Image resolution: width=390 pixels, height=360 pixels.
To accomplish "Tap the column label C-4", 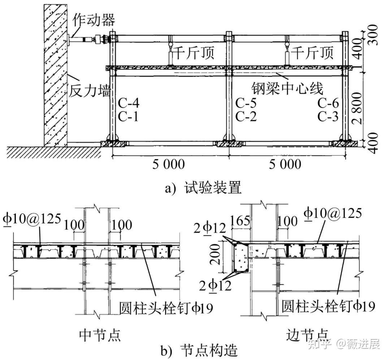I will pyautogui.click(x=128, y=104).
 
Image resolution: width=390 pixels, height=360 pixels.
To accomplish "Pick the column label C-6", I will pyautogui.click(x=328, y=104).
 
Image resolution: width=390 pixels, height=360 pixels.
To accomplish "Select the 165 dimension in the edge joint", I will pyautogui.click(x=239, y=222).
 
